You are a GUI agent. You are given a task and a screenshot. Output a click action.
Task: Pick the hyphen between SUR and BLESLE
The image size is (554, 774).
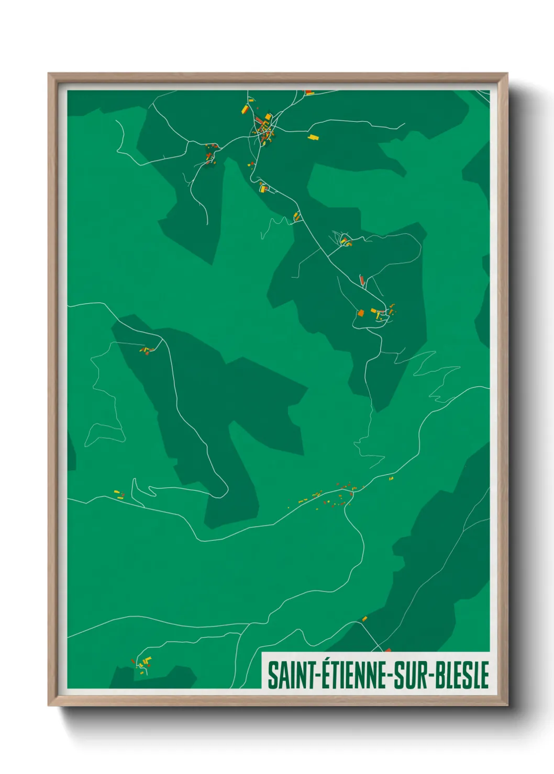(431, 676)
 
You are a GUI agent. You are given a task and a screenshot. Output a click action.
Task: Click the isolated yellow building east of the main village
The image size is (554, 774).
(313, 137)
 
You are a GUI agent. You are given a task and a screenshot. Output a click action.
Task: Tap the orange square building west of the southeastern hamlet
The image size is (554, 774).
(360, 313)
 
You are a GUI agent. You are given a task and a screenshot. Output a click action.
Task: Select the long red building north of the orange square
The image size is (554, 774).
(362, 281)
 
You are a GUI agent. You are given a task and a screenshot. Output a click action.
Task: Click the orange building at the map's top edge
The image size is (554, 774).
(309, 93)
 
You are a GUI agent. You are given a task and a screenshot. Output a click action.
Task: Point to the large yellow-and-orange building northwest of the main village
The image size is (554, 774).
(245, 109)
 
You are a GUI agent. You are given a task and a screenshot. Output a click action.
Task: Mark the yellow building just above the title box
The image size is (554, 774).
(364, 619)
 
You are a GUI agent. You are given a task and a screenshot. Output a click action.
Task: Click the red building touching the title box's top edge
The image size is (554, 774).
(387, 650)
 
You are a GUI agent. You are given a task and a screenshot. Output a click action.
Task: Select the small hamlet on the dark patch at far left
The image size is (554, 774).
(146, 350)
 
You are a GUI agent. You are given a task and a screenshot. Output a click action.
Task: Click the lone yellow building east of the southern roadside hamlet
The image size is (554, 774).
(391, 478)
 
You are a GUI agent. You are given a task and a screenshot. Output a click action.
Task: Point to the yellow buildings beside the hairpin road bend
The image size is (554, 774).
(118, 493)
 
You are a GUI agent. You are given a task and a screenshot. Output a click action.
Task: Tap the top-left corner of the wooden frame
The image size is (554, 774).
(49, 74)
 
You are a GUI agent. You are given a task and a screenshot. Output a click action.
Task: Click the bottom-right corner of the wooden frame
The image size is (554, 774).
(507, 706)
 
